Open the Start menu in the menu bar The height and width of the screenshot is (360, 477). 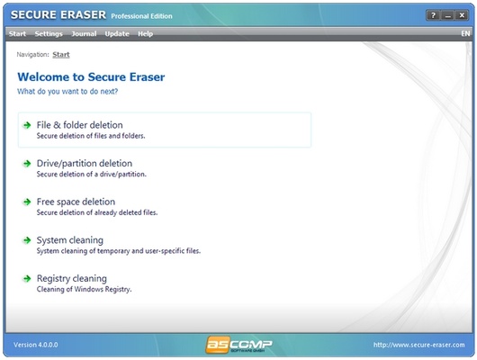tap(17, 34)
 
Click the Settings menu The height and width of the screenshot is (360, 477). tap(49, 34)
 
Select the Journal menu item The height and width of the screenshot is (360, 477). tap(84, 34)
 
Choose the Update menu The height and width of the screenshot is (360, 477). tap(117, 34)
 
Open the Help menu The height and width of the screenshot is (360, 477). tap(145, 34)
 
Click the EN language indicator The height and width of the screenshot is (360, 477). tap(464, 34)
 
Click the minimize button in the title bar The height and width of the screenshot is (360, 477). tap(448, 16)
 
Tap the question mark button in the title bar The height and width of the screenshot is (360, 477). tap(433, 16)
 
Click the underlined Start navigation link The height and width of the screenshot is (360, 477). tap(61, 55)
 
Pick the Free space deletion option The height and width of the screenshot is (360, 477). tap(76, 202)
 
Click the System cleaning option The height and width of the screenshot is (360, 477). tap(69, 240)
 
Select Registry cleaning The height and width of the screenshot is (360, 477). tap(71, 279)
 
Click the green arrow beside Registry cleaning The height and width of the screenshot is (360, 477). tap(27, 279)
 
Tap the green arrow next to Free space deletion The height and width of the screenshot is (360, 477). tap(27, 202)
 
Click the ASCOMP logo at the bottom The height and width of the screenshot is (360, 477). tap(238, 346)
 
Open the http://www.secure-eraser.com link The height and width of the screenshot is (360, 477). tap(419, 346)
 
